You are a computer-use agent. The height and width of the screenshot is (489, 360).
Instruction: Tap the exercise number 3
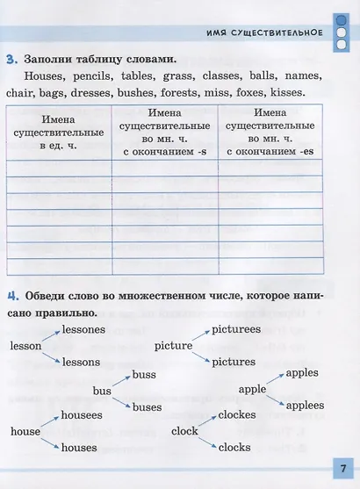point(11,60)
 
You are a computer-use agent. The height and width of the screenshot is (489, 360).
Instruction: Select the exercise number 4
point(11,295)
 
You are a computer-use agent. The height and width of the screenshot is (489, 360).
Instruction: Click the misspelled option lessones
point(84,330)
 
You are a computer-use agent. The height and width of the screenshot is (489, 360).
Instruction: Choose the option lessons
point(82,362)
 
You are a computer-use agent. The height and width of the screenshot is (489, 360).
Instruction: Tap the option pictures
point(234,361)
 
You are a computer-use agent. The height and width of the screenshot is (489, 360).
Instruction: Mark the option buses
point(148,407)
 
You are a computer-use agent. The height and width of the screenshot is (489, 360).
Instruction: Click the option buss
point(144,376)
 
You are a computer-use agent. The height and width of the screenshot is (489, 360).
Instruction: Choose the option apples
point(302,373)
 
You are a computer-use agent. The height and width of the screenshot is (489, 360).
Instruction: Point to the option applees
point(305,405)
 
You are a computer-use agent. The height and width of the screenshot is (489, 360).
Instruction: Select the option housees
point(83,414)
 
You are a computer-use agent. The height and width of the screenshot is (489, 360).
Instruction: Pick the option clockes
point(237,414)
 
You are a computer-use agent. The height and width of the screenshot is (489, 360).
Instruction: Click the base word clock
point(184,431)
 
